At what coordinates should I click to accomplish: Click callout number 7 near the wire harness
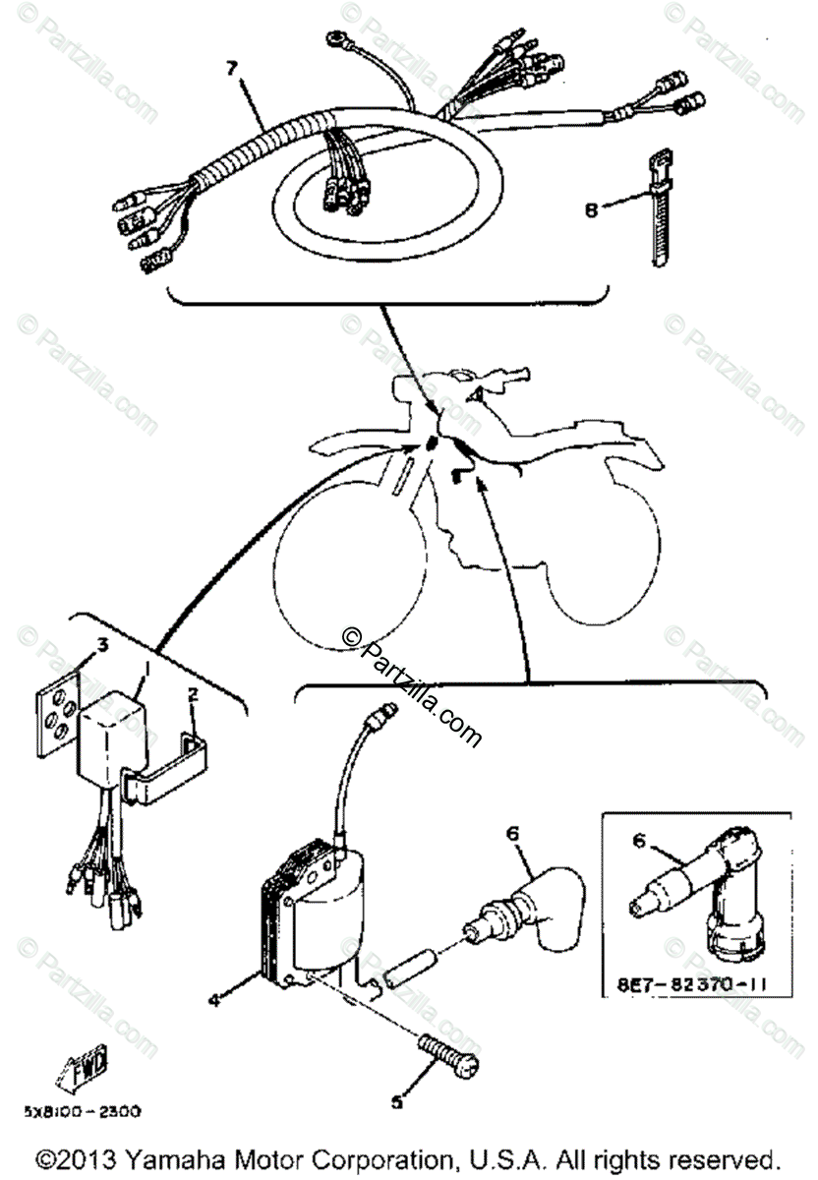pos(231,68)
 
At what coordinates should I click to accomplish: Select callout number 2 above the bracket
pos(193,694)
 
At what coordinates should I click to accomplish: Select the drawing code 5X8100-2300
pos(83,1112)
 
